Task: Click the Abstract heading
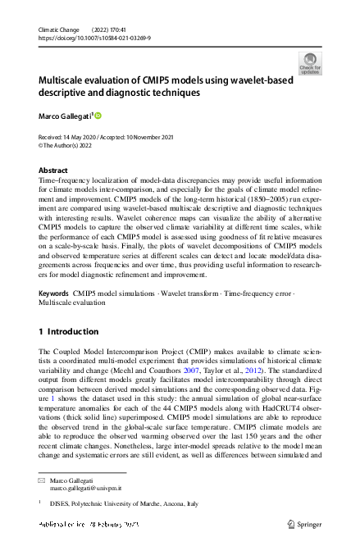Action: [53, 170]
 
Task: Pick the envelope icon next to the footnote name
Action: [41, 479]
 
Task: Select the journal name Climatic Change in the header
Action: [62, 30]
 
